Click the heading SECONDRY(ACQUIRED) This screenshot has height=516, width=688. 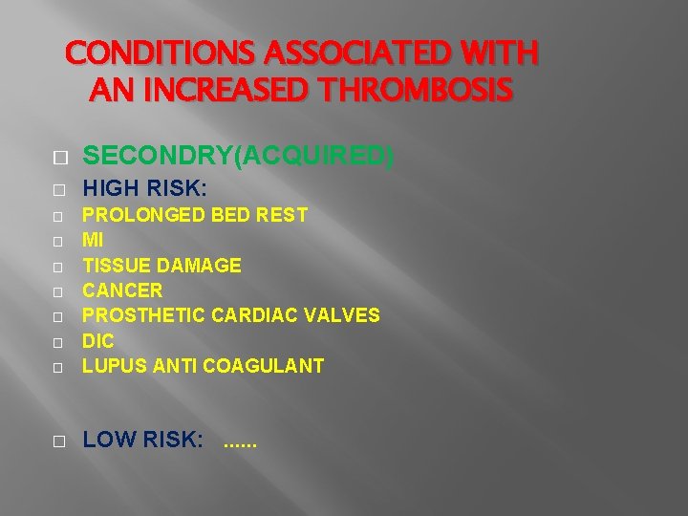click(x=238, y=156)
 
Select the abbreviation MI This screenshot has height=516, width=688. click(x=93, y=240)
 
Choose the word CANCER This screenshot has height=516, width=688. click(x=122, y=290)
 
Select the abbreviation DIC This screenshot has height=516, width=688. click(x=98, y=340)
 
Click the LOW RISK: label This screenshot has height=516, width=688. click(x=143, y=441)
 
